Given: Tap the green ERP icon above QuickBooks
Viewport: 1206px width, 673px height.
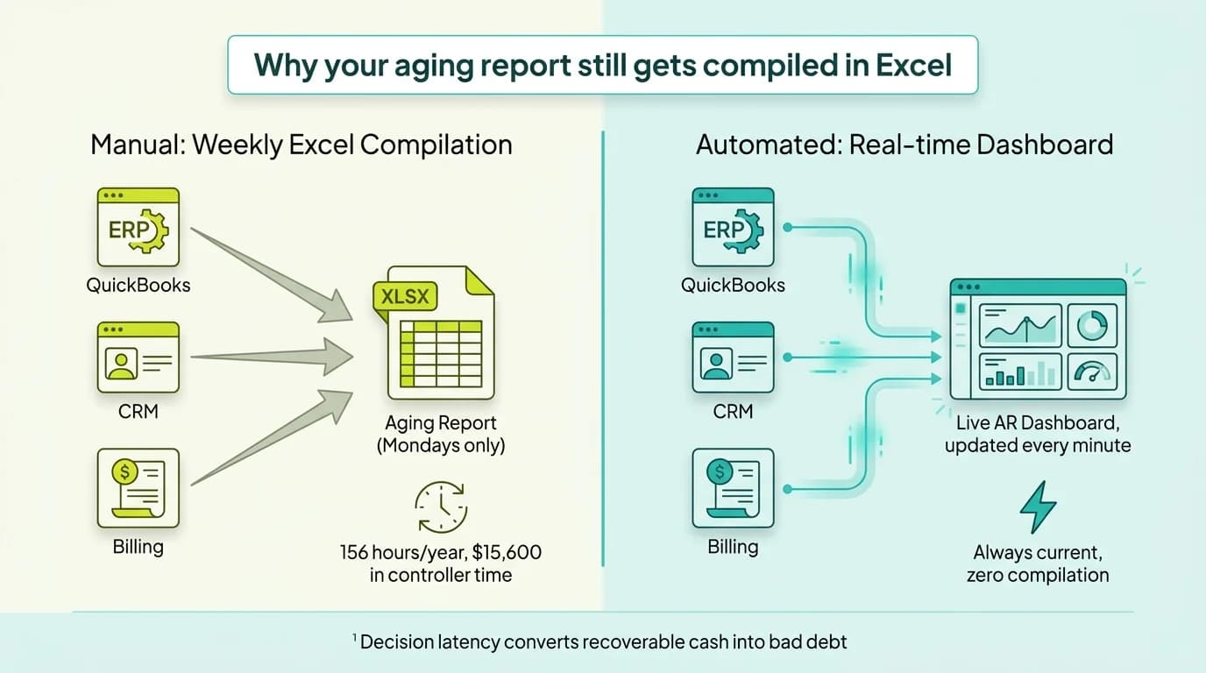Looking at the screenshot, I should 138,227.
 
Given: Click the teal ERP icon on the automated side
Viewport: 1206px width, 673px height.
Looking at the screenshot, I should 733,227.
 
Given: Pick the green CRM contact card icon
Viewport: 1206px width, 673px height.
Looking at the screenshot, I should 138,357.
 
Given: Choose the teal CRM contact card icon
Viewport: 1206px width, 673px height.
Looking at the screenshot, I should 733,357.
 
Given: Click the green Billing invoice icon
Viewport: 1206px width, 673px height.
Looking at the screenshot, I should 138,488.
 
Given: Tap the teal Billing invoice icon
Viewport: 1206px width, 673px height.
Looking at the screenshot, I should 733,488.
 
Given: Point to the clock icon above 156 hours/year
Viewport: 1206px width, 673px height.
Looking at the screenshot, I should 440,507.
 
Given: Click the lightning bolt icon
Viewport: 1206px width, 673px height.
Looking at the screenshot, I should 1038,507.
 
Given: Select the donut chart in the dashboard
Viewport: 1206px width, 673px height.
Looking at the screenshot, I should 1092,325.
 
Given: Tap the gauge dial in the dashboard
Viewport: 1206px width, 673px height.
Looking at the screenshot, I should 1092,372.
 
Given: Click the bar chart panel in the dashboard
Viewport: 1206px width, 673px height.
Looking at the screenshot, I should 1020,372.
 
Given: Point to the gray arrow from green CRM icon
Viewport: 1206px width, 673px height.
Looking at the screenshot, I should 272,357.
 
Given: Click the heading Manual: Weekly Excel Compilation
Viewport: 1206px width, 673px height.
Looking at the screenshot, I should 301,144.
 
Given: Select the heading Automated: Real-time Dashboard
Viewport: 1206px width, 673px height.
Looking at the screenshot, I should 904,144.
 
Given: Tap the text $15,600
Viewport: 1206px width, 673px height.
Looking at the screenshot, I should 507,553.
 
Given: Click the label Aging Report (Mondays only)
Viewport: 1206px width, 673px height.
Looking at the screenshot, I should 440,435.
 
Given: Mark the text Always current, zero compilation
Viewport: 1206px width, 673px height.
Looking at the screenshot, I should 1038,564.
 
